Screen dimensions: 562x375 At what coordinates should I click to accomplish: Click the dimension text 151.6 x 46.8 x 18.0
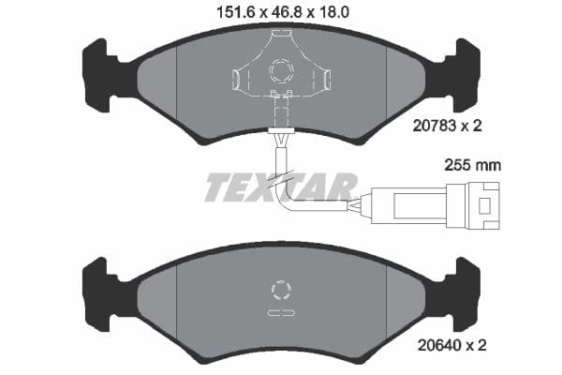[283, 13]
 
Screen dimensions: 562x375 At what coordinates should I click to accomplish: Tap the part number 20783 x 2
[448, 126]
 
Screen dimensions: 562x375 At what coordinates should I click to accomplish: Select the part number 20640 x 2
[452, 345]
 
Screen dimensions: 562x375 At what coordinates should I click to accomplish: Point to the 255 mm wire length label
[472, 165]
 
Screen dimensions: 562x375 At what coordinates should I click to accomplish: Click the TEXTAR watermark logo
[281, 187]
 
